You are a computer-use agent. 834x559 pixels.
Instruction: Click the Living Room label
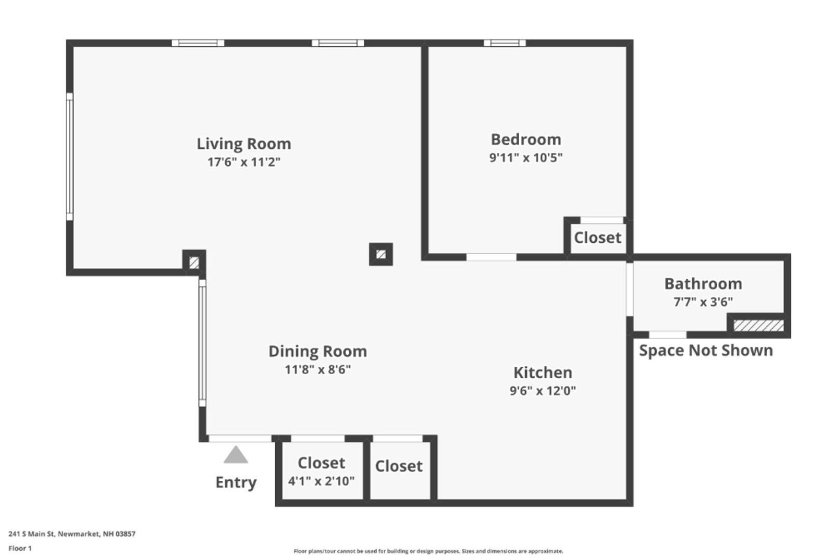tap(243, 144)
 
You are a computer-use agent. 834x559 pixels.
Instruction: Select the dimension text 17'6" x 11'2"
tap(243, 162)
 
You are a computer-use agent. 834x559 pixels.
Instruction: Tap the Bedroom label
tap(525, 140)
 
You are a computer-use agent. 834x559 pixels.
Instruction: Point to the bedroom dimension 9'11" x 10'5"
tap(525, 157)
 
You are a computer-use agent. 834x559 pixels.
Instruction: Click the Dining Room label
tap(317, 352)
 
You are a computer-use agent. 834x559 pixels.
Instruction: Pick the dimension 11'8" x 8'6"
tap(317, 370)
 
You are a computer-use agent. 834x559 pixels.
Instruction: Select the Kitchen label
tap(543, 373)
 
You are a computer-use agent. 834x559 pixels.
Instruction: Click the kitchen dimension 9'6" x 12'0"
tap(543, 391)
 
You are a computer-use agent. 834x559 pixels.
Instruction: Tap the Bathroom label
tap(703, 284)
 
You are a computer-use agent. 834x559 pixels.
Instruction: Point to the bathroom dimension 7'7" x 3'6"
tap(703, 302)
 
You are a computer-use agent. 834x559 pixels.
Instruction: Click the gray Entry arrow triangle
tap(236, 455)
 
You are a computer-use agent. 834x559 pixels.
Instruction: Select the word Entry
tap(236, 482)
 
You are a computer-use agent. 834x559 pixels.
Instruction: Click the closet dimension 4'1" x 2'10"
tap(321, 481)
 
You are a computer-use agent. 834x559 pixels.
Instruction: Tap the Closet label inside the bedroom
tap(597, 238)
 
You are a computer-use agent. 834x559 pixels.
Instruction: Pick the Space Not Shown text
tap(706, 351)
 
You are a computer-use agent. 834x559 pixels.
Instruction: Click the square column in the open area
tap(381, 254)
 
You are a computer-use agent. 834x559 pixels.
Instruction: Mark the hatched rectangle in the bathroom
tap(758, 326)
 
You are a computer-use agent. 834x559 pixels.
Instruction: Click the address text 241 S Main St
tap(72, 533)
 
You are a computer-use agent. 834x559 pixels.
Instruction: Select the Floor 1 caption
tap(20, 548)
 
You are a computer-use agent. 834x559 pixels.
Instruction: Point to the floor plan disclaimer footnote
tap(428, 551)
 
